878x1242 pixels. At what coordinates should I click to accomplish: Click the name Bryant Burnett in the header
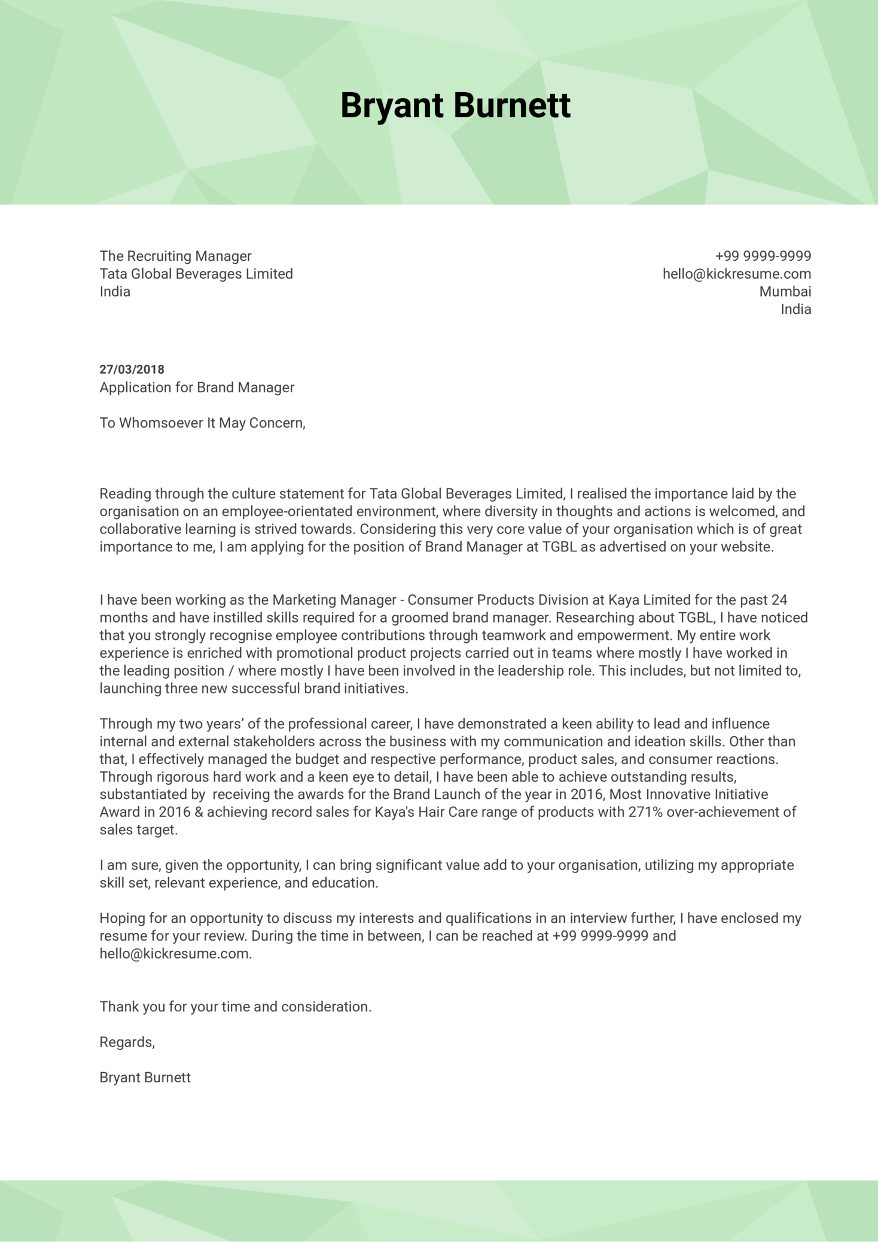pyautogui.click(x=455, y=106)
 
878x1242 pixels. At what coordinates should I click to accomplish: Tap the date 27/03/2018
pyautogui.click(x=132, y=370)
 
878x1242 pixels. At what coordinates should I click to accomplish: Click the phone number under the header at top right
pyautogui.click(x=763, y=256)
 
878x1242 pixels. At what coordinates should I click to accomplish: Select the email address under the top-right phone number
pyautogui.click(x=736, y=274)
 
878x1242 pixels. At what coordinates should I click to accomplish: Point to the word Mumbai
pyautogui.click(x=785, y=292)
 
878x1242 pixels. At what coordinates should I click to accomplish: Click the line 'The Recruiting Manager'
pyautogui.click(x=175, y=256)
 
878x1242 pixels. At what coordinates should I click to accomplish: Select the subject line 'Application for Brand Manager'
pyautogui.click(x=197, y=387)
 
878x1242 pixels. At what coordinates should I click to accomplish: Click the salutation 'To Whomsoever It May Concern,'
pyautogui.click(x=202, y=423)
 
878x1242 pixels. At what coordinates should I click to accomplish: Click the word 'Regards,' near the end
pyautogui.click(x=127, y=1042)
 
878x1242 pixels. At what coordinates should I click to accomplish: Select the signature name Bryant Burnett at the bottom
pyautogui.click(x=145, y=1078)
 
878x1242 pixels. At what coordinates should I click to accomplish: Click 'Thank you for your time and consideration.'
pyautogui.click(x=235, y=1007)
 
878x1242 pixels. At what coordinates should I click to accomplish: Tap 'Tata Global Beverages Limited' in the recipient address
pyautogui.click(x=196, y=274)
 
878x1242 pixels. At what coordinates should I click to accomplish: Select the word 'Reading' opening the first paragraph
pyautogui.click(x=125, y=494)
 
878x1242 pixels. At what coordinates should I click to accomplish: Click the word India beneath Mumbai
pyautogui.click(x=795, y=309)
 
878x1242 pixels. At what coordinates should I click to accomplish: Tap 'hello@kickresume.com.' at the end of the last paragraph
pyautogui.click(x=175, y=954)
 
